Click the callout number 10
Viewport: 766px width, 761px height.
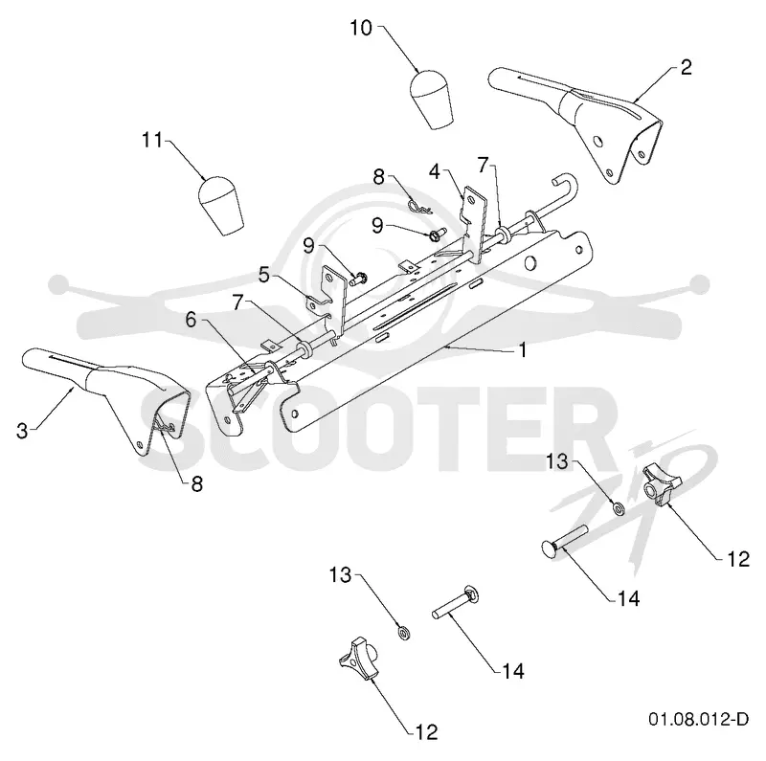click(361, 28)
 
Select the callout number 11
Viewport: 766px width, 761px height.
click(152, 140)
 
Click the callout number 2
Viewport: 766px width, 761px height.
click(687, 67)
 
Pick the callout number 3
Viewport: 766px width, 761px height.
click(22, 432)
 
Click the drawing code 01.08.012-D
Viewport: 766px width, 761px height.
click(699, 720)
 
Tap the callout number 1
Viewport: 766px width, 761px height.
click(523, 349)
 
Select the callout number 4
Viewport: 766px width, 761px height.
click(435, 171)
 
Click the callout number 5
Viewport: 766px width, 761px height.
click(264, 275)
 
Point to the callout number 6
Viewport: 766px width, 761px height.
click(191, 321)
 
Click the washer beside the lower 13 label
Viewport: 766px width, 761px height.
click(404, 634)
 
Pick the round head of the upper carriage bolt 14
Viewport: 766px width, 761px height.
click(549, 548)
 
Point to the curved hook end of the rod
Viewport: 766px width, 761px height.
click(567, 187)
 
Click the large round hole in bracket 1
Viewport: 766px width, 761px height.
click(529, 264)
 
